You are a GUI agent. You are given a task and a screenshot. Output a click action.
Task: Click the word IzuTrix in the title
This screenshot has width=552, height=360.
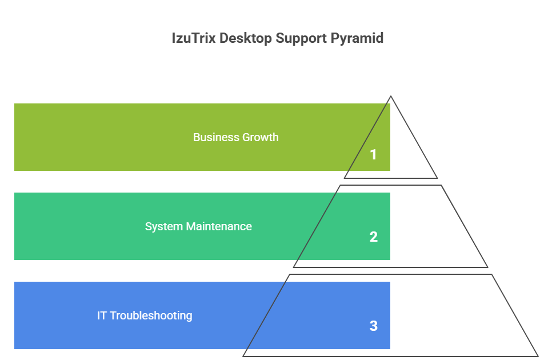[191, 38]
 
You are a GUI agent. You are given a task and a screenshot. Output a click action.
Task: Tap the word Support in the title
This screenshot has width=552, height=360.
[302, 38]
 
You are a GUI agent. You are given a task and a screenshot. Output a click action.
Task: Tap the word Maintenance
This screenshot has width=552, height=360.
[218, 226]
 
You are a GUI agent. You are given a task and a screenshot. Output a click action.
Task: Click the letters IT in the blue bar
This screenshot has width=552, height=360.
[102, 315]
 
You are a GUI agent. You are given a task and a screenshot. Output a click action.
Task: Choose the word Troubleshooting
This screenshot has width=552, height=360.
[151, 315]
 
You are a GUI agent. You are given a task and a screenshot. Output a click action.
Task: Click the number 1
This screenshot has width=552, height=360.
[373, 154]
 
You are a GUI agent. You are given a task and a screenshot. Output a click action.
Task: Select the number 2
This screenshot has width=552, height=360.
[373, 237]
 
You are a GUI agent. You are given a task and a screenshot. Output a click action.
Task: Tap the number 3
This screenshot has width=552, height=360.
[373, 326]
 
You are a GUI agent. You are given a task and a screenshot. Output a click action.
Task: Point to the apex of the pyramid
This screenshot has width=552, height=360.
[391, 96]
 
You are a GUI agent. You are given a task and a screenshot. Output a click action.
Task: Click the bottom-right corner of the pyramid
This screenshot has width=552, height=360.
[538, 356]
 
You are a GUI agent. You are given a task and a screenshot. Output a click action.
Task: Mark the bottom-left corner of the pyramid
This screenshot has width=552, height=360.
[243, 356]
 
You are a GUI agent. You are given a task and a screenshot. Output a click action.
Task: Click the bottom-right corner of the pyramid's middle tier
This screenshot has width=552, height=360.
[487, 267]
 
